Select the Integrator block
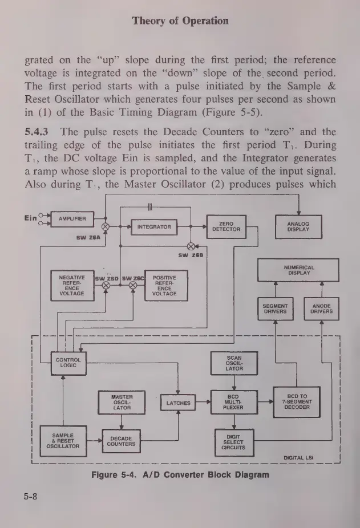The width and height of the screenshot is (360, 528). (154, 226)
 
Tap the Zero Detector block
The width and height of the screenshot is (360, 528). (226, 226)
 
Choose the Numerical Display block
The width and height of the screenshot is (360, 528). (298, 270)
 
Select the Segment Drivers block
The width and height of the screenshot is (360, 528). (275, 309)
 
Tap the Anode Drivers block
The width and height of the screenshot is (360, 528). (321, 309)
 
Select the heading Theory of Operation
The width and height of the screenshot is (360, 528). (180, 21)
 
